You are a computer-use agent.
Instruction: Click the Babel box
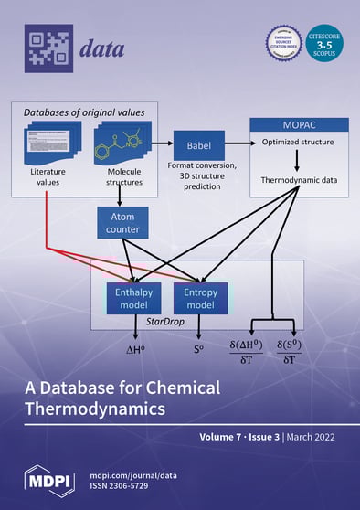coord(198,145)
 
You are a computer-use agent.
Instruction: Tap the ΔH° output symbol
coord(135,348)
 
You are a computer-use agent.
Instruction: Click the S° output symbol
coord(198,348)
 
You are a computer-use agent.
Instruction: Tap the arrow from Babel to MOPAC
coord(235,144)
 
